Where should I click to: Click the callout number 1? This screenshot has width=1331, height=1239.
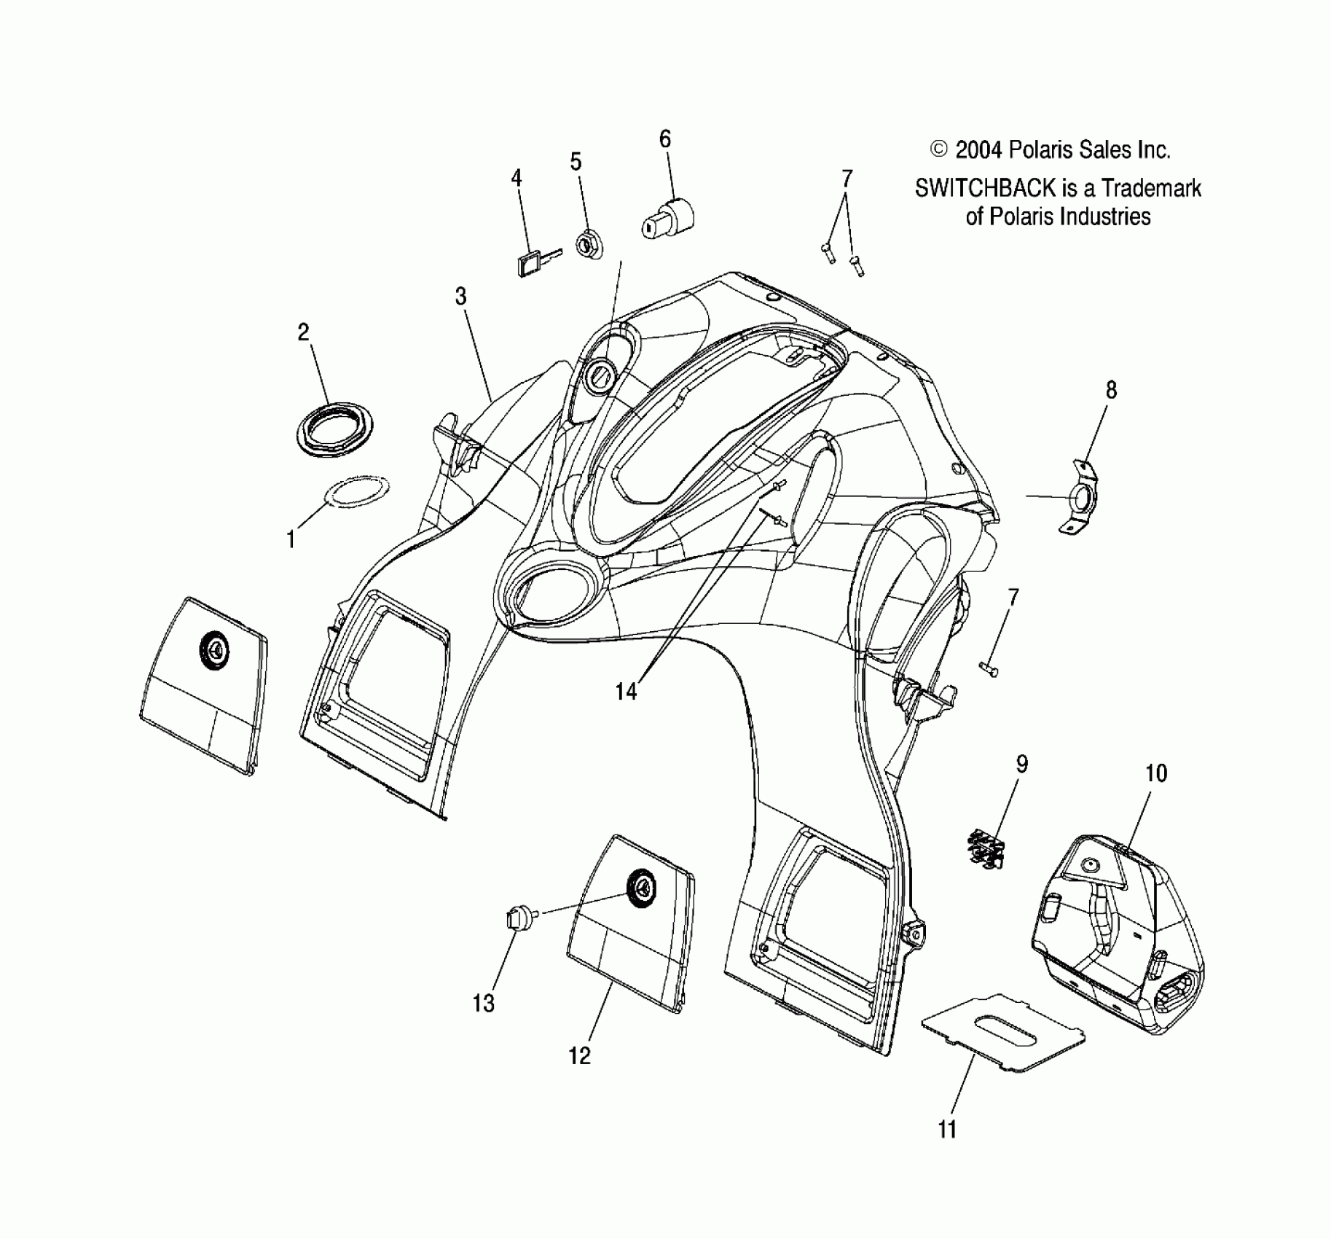(x=291, y=540)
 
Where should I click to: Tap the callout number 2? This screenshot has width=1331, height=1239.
(x=304, y=332)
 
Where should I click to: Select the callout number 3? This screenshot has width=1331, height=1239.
(x=460, y=296)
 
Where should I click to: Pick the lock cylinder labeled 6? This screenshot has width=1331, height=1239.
(x=668, y=218)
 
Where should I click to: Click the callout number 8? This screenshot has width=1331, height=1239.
(x=1111, y=390)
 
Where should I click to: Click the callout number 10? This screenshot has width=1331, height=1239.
(x=1156, y=773)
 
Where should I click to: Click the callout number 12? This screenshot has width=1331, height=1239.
(x=580, y=1055)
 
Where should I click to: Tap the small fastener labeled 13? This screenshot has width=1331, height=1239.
(x=520, y=920)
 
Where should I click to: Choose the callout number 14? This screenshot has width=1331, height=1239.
(x=626, y=691)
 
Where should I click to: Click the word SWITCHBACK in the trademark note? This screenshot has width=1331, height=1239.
(x=985, y=189)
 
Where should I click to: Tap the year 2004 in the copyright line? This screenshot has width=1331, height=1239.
(x=979, y=150)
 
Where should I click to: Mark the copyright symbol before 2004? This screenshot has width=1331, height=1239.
(x=939, y=150)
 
